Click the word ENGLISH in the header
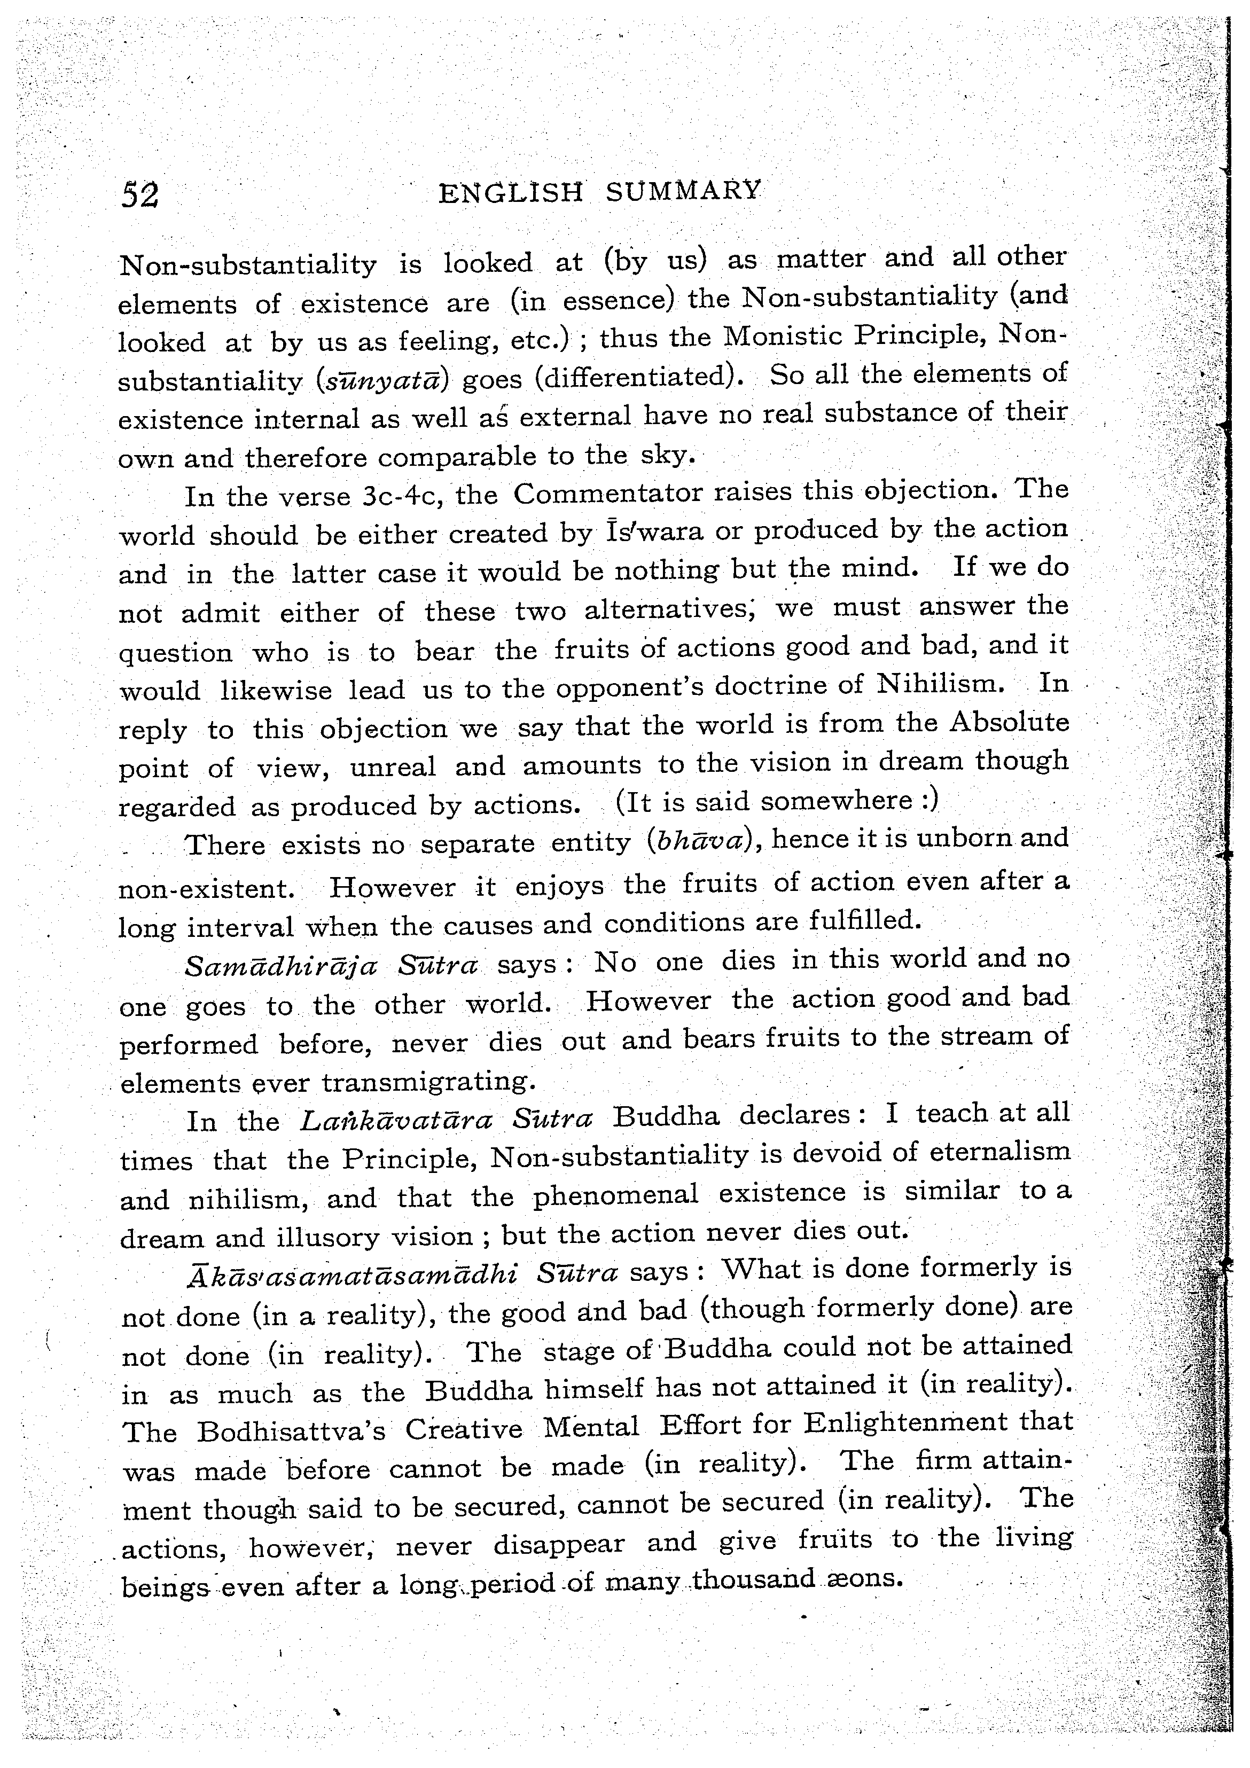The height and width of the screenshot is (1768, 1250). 511,192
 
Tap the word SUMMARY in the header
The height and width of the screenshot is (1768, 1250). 683,190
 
